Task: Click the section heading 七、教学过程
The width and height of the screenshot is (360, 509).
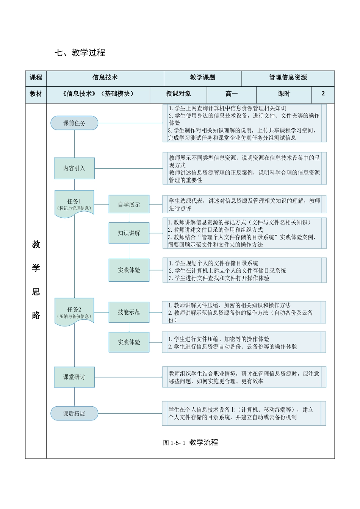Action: pos(80,53)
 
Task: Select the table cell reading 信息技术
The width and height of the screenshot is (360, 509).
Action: pos(105,78)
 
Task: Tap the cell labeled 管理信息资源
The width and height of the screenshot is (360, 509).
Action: pos(288,78)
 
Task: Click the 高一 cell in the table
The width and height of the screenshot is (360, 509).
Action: pos(232,94)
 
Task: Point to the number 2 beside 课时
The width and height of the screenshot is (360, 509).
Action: pos(323,94)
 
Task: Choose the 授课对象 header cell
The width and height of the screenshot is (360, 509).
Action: pos(178,94)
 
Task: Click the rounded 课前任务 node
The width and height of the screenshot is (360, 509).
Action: pos(74,123)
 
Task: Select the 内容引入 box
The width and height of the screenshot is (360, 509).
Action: pos(74,168)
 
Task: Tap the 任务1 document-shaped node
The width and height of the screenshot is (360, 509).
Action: pos(74,204)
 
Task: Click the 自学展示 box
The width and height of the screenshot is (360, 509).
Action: pos(129,205)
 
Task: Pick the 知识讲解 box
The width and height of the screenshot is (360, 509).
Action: pos(129,233)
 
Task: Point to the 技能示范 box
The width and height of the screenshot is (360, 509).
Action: pos(129,312)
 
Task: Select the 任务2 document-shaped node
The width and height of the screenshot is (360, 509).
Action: pos(74,312)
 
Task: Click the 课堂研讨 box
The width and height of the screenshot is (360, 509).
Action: pos(74,377)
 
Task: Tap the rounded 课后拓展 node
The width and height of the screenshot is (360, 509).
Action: pos(74,414)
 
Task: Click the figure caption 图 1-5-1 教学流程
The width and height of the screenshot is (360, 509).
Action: pos(191,442)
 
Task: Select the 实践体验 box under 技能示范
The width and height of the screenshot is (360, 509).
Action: pos(129,342)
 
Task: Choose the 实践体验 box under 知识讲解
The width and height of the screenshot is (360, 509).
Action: pos(129,270)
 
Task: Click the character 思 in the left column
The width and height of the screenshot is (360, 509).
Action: pos(36,292)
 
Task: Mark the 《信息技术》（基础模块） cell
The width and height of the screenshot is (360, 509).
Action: pos(98,94)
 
